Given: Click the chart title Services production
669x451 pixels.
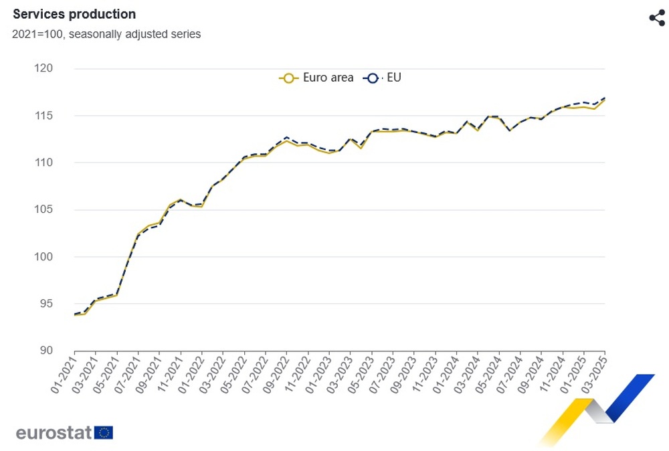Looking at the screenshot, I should tap(74, 14).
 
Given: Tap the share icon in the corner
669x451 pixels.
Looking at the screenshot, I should tap(657, 18).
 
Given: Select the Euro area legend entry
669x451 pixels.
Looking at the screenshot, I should tap(316, 78).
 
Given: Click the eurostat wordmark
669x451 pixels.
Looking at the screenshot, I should tap(54, 432).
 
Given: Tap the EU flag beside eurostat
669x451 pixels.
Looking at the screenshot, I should tap(104, 432).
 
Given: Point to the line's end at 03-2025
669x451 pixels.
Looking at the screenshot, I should tap(605, 98).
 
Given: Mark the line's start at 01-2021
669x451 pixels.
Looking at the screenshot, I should tap(74, 314).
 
